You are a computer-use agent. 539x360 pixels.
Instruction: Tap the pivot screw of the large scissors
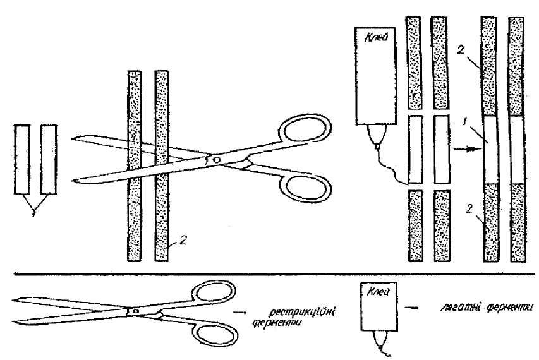(x=217, y=160)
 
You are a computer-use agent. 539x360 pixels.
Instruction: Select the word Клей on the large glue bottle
(x=374, y=38)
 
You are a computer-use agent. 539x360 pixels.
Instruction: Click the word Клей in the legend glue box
(x=374, y=292)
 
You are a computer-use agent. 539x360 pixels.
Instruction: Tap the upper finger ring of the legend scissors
(x=212, y=293)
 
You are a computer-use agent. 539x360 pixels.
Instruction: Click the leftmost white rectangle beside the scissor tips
(x=23, y=160)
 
